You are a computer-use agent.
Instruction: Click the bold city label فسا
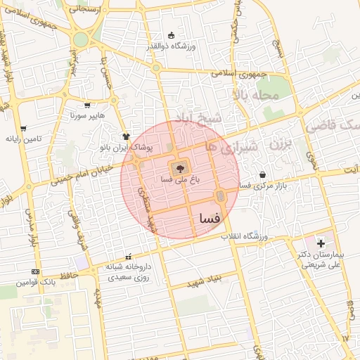pos(210,219)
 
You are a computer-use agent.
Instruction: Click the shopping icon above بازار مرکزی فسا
pos(262,174)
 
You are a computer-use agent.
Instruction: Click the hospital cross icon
pos(321,243)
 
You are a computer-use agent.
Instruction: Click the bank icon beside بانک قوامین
pos(35,271)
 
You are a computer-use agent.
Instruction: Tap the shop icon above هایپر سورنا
pos(87,105)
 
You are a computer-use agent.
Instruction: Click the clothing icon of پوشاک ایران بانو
pos(126,136)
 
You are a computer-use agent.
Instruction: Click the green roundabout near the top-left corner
pos(81,39)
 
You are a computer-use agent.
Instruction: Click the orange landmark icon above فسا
pos(220,196)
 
